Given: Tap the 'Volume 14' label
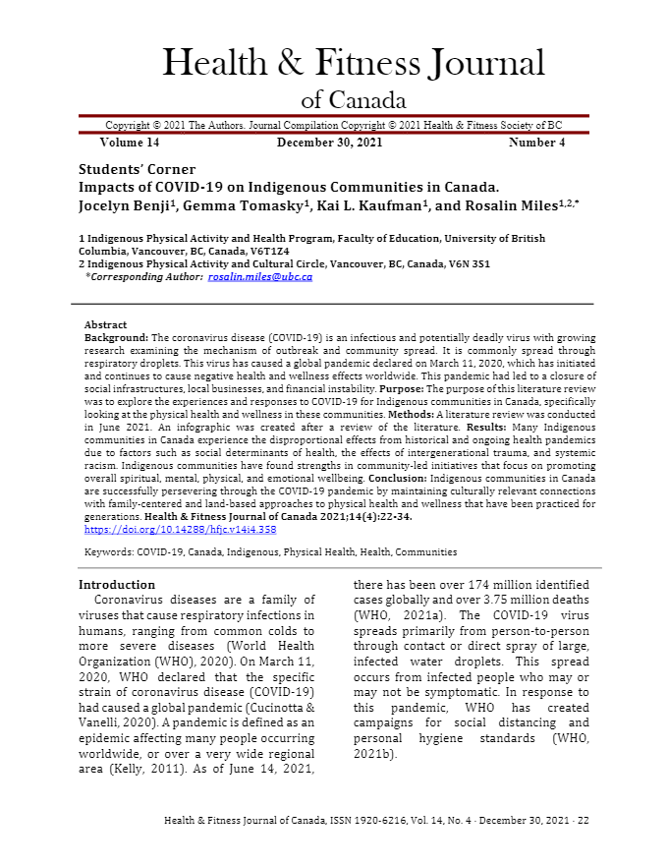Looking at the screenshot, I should pyautogui.click(x=130, y=143).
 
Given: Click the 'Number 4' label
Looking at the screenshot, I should pyautogui.click(x=536, y=143).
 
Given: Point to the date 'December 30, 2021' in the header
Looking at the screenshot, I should pyautogui.click(x=329, y=143).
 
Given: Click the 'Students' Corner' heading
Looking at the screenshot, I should pyautogui.click(x=137, y=169).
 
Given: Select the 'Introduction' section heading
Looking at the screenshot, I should pyautogui.click(x=117, y=585).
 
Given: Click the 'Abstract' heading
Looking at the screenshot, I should pyautogui.click(x=105, y=324).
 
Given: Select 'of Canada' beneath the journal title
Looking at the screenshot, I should pyautogui.click(x=353, y=100).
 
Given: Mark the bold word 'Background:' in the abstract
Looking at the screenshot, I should pyautogui.click(x=116, y=337).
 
